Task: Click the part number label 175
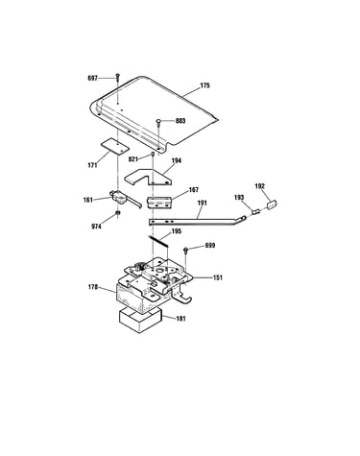[204, 85]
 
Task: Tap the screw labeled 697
[118, 77]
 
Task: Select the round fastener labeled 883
[158, 122]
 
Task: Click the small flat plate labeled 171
[115, 146]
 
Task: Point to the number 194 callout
[177, 160]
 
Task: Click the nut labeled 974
[118, 213]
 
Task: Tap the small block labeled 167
[159, 203]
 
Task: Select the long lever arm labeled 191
[197, 221]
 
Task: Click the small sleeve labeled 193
[256, 212]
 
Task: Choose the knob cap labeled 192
[272, 204]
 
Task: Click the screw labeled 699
[185, 250]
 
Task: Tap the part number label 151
[218, 277]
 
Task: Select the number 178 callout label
[93, 287]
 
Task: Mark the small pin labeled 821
[153, 155]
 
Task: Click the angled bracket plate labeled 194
[148, 178]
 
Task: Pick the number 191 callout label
[203, 203]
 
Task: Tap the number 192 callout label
[260, 186]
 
